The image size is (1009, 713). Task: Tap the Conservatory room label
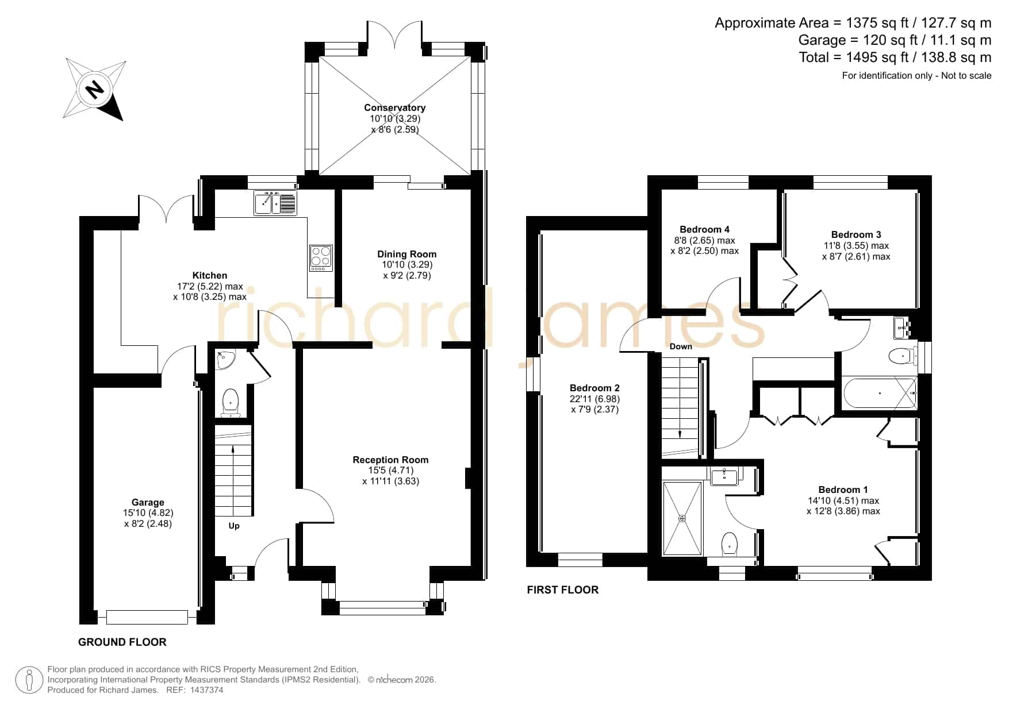coord(394,107)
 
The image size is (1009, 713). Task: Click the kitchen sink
coord(275,203)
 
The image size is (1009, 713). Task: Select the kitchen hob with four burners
coord(321,258)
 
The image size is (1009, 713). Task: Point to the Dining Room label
coord(406,254)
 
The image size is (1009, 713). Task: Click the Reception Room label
coord(390,460)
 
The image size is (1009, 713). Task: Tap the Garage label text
coord(148,502)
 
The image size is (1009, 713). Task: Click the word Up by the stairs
coord(234,526)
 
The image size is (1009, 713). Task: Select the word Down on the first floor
coord(681,346)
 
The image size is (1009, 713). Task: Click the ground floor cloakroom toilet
coord(231,401)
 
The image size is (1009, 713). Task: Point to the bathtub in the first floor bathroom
coord(879,393)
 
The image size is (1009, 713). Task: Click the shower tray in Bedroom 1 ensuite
coord(682,518)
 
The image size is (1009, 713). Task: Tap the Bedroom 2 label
coord(594,388)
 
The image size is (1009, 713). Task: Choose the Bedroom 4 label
coord(704,229)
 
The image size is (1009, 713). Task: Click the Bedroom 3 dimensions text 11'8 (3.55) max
coord(856,245)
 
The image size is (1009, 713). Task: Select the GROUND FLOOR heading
coord(122,642)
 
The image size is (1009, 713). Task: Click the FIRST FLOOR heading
coord(563,589)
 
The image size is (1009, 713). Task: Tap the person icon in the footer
coord(29,680)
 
